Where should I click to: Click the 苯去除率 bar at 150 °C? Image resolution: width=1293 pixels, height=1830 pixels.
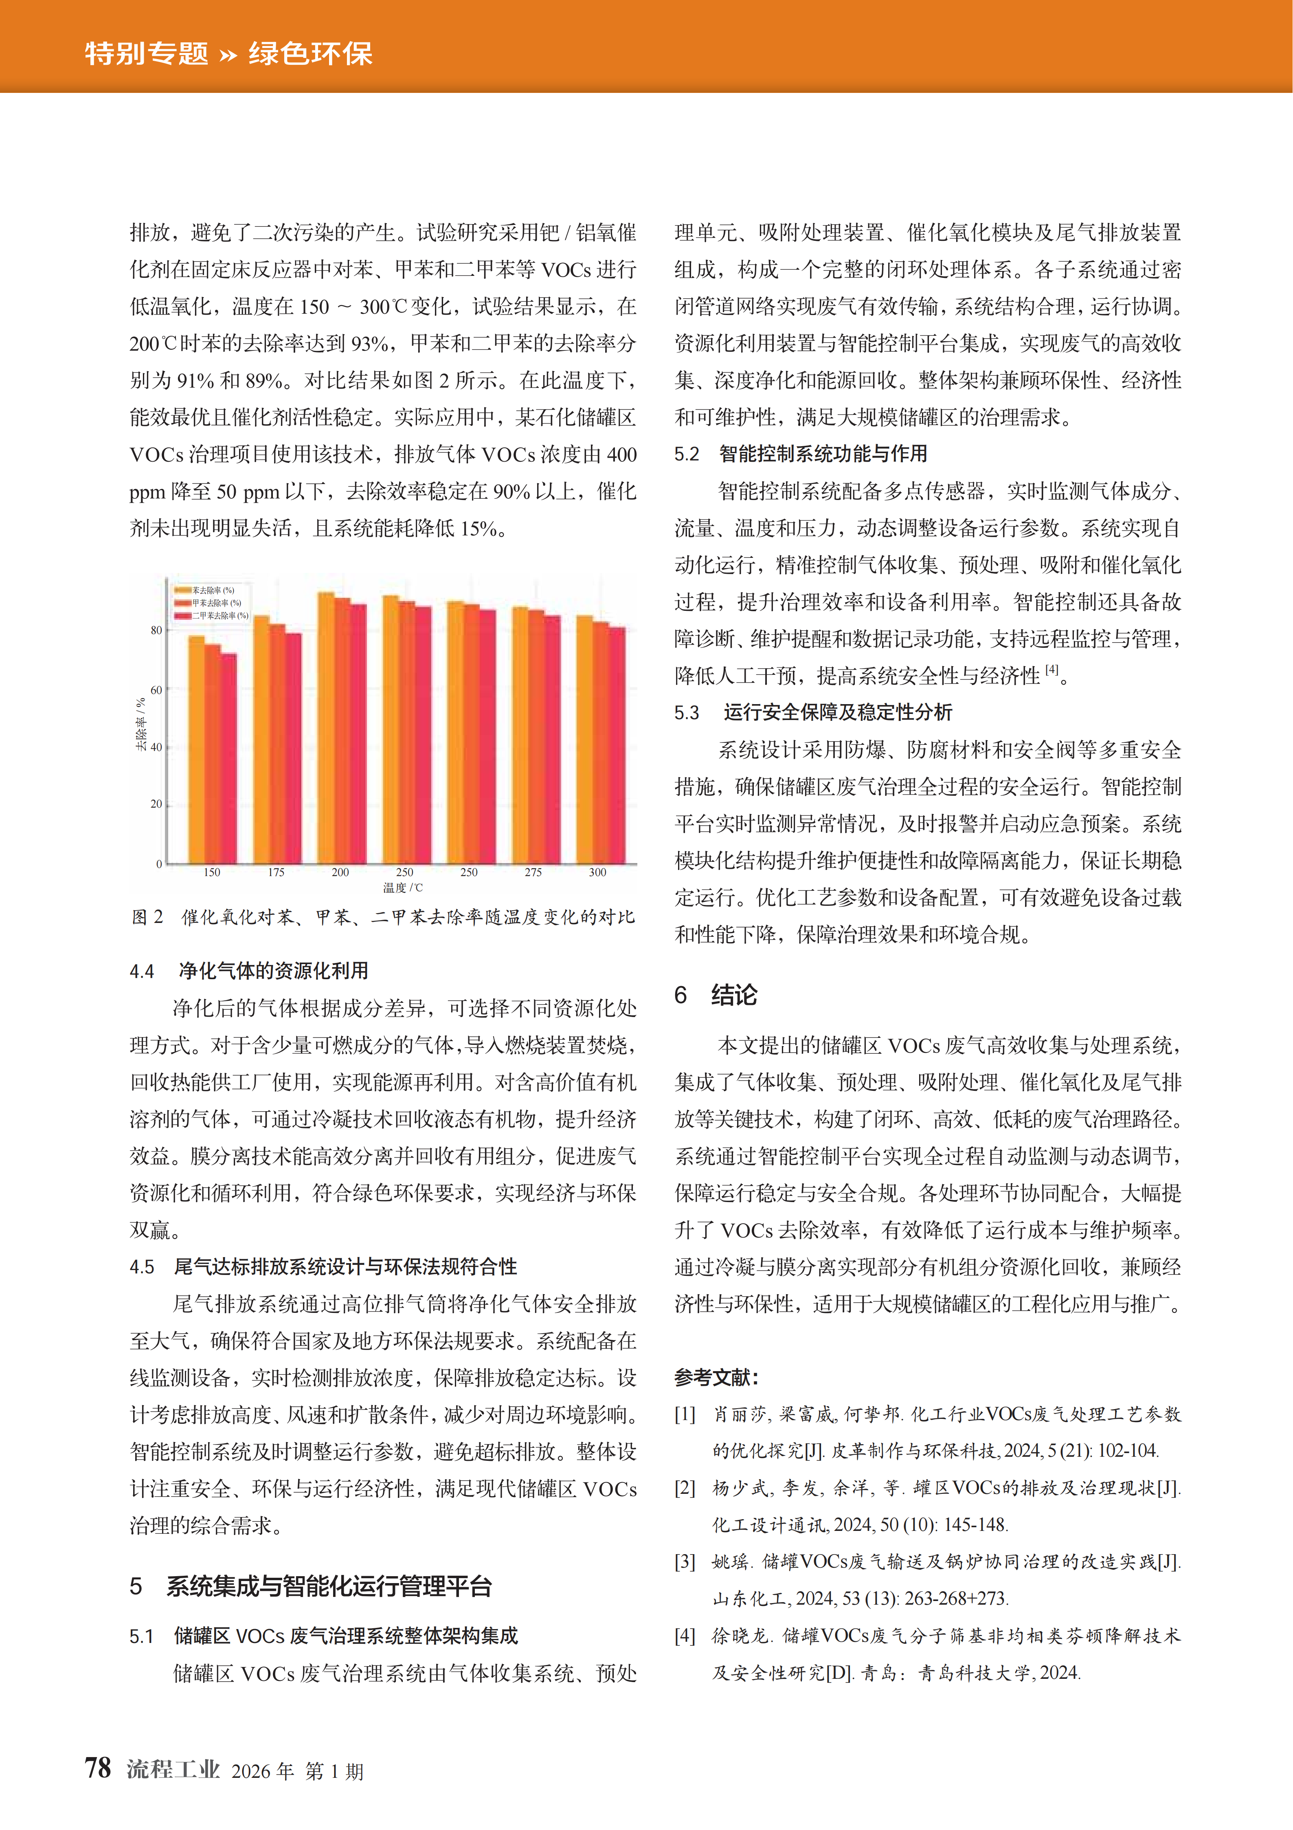coord(196,749)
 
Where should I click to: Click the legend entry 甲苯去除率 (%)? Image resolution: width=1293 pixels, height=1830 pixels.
coord(209,603)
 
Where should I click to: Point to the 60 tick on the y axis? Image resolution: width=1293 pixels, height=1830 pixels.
coord(156,689)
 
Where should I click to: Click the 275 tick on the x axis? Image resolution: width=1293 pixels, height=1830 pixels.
coord(533,872)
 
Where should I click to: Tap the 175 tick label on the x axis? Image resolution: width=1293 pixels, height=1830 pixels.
coord(276,872)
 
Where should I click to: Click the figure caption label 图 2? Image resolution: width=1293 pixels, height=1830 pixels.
coord(147,916)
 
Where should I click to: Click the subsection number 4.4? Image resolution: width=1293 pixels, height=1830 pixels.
coord(142,971)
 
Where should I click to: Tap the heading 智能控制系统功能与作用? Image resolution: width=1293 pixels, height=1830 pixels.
coord(823,454)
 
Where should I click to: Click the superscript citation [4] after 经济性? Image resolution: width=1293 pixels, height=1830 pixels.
coord(1052,669)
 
